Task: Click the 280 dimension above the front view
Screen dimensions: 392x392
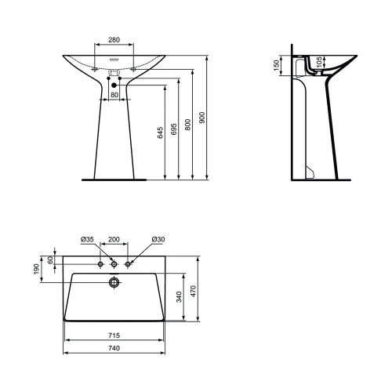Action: pos(114,39)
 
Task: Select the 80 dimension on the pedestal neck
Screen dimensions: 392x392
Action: pos(114,95)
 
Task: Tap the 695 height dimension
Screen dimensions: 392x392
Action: pos(175,125)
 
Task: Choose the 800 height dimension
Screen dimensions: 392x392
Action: pos(188,123)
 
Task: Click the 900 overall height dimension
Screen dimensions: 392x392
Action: pos(202,118)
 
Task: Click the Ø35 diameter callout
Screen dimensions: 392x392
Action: pos(87,238)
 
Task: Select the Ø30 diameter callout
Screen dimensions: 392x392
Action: pos(158,238)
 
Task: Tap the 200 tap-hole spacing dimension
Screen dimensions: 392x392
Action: pos(114,238)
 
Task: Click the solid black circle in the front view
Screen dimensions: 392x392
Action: pos(114,85)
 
